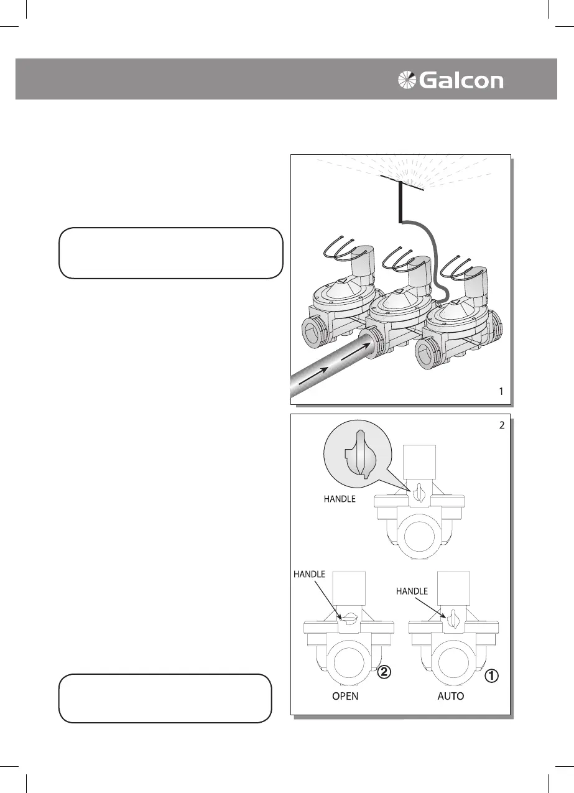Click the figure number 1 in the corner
500,392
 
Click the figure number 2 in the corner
501,426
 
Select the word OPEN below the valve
345,696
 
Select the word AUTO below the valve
450,696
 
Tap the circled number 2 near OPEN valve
386,672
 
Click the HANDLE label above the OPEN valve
310,575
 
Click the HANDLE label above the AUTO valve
412,591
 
